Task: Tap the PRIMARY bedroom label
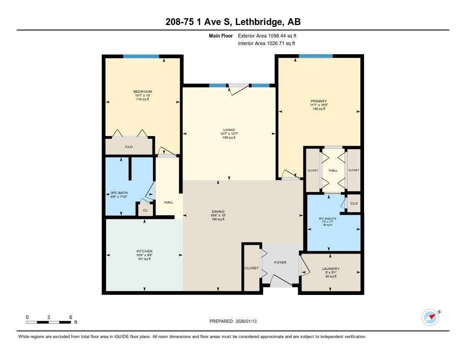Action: (319, 101)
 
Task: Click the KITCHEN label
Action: (144, 251)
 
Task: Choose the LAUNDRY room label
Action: (330, 269)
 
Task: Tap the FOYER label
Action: (280, 263)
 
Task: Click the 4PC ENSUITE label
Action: (328, 218)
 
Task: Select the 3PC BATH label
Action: (119, 193)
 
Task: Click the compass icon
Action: (430, 317)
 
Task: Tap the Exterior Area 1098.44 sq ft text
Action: (267, 35)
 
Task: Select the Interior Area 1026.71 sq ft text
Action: (266, 43)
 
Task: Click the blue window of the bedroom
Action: (141, 56)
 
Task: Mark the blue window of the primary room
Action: (315, 56)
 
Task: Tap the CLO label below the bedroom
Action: (129, 147)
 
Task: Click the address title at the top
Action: (233, 22)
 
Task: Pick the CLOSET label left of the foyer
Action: (251, 268)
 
